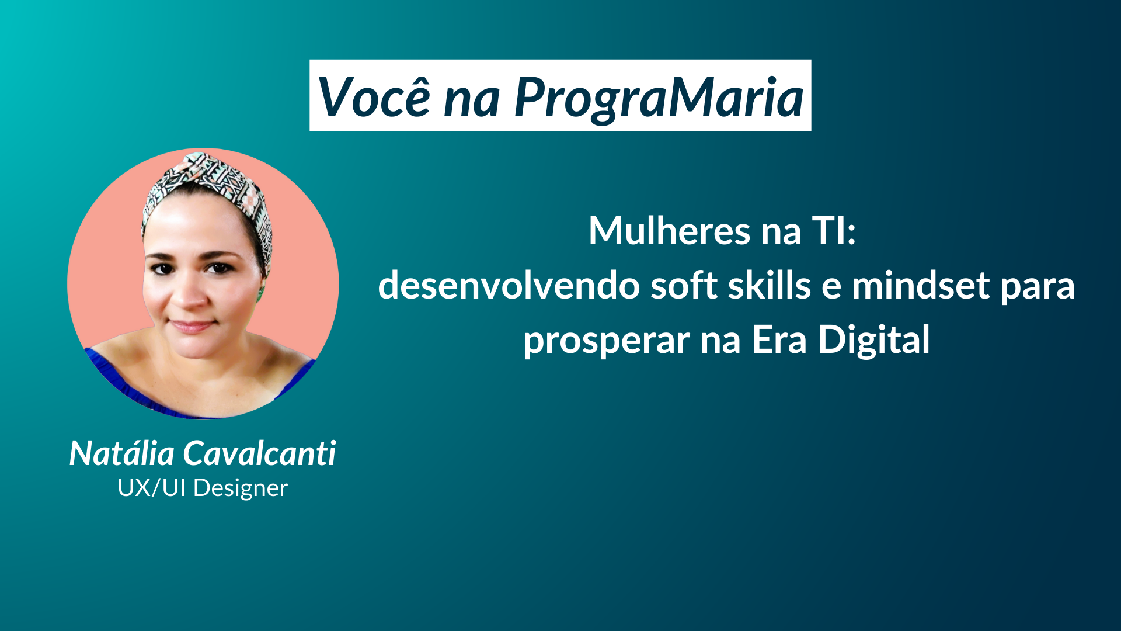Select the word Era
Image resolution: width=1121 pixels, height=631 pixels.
(779, 339)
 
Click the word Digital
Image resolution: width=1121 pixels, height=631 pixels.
(874, 340)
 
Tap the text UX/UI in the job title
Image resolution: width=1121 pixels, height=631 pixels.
(152, 488)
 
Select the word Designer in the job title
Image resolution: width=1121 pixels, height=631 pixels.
(241, 488)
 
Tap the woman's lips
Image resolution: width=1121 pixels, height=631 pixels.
(191, 326)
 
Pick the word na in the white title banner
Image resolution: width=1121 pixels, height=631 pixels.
(472, 100)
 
